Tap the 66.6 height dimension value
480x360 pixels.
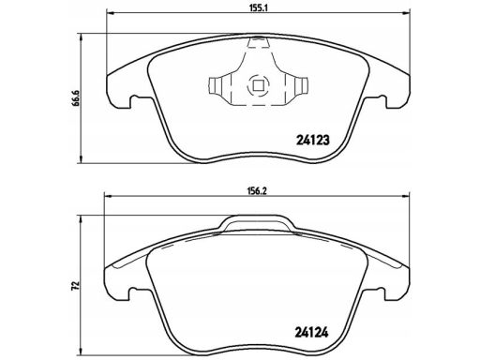coord(76,98)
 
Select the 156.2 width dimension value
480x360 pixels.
coord(258,191)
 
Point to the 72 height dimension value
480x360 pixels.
coord(75,286)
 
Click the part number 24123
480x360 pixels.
coord(312,141)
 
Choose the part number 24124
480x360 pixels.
coord(311,333)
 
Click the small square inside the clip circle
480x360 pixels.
coord(258,85)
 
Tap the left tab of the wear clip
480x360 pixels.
coord(216,85)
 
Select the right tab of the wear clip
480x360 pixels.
coord(301,85)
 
